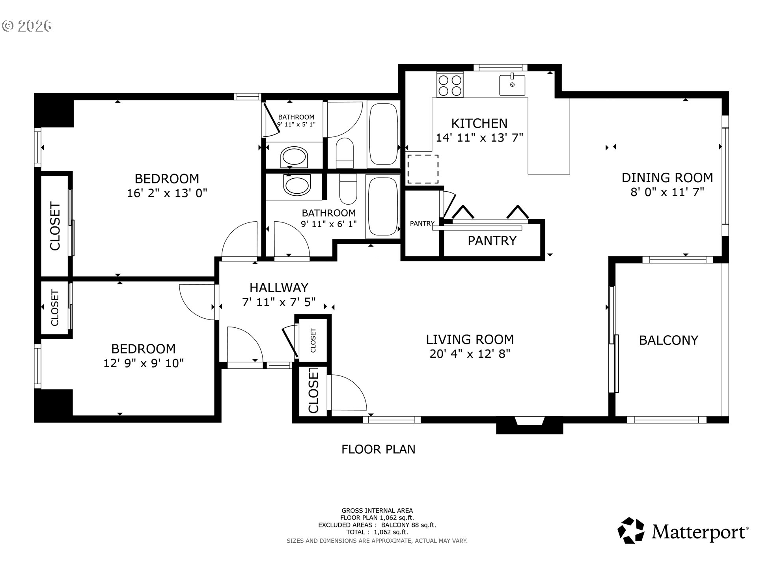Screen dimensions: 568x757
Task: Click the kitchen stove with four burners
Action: click(x=449, y=85)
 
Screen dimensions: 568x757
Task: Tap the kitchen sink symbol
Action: click(x=512, y=85)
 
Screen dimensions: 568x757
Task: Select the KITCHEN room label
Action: click(x=479, y=123)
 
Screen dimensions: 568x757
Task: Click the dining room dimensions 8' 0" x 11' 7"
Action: click(x=667, y=192)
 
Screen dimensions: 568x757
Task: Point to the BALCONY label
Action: click(x=668, y=340)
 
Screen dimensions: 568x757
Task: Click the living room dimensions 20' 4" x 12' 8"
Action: click(x=470, y=354)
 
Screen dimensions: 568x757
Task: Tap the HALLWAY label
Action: click(x=279, y=288)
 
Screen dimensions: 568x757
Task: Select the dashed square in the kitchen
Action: click(x=423, y=169)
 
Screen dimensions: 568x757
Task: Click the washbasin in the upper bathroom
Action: click(x=294, y=158)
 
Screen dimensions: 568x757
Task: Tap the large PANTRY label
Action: click(x=492, y=241)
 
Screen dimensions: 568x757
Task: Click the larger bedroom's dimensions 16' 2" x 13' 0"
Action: click(x=167, y=193)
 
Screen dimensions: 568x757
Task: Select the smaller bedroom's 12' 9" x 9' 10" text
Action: click(x=144, y=363)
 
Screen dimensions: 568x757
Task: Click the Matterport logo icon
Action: click(x=631, y=531)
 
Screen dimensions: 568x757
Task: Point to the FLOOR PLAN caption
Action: click(x=378, y=449)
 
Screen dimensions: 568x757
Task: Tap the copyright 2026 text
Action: click(x=27, y=26)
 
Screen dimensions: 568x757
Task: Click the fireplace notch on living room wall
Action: click(x=529, y=424)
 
